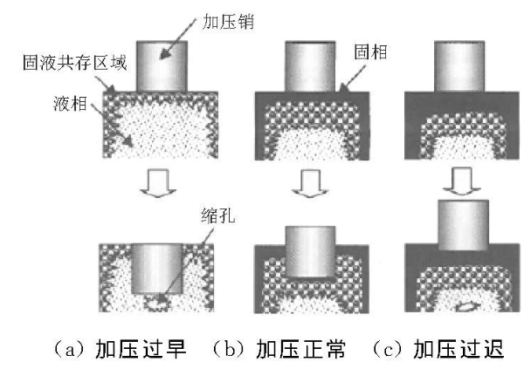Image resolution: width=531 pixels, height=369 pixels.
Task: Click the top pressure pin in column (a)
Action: tap(160, 64)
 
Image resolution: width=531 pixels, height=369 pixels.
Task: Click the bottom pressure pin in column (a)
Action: tap(160, 267)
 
